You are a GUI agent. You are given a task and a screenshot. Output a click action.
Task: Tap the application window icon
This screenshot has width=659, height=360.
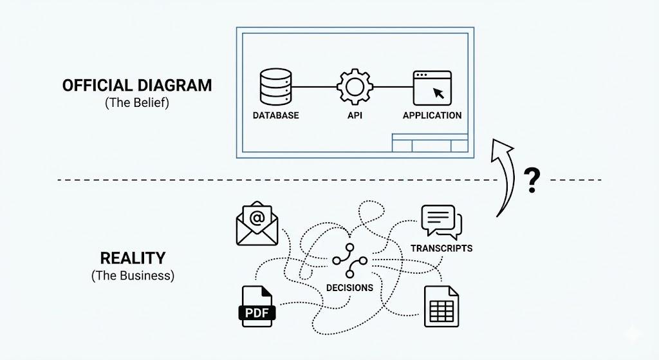click(x=432, y=88)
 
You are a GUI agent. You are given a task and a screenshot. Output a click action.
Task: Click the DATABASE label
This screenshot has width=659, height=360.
click(x=275, y=116)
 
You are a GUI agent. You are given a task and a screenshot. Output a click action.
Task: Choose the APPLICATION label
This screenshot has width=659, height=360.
click(x=432, y=116)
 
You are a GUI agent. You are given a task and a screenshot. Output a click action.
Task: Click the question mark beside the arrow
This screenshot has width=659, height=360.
click(x=532, y=181)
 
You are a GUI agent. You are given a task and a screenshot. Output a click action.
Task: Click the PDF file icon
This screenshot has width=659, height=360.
click(x=257, y=307)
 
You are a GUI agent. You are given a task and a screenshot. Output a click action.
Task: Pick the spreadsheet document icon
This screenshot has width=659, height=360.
click(x=441, y=306)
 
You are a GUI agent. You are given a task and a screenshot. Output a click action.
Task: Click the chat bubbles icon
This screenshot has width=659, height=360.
click(x=441, y=223)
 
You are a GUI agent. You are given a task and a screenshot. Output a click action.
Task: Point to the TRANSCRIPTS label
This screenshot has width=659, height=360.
click(x=441, y=248)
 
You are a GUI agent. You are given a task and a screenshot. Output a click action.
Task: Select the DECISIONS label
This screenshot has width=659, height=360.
click(x=349, y=288)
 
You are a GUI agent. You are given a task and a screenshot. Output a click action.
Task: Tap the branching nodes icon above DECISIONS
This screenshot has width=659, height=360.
click(x=349, y=261)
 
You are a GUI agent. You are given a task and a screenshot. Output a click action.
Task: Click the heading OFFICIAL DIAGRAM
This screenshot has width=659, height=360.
click(x=136, y=86)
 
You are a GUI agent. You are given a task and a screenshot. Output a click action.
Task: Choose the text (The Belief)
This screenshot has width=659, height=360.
click(x=136, y=103)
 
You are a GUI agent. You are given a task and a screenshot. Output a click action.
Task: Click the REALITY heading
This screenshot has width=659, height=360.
click(x=132, y=258)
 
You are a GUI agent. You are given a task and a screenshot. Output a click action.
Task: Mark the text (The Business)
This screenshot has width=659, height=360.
click(x=132, y=276)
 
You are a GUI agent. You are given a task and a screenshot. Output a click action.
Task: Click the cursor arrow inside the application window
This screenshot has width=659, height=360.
click(x=439, y=93)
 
